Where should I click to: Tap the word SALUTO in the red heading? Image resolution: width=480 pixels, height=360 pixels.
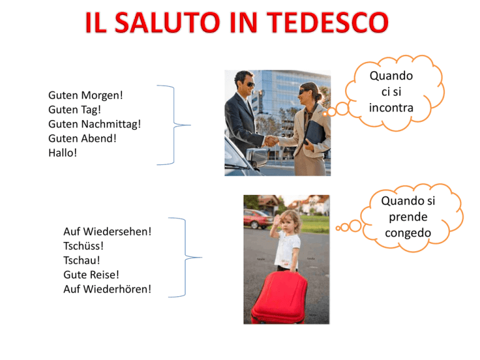point(167,22)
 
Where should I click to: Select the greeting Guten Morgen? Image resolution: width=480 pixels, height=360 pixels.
point(86,96)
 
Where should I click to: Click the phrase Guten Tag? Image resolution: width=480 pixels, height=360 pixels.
point(74,109)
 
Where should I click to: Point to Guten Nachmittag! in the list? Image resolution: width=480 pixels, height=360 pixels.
point(94,124)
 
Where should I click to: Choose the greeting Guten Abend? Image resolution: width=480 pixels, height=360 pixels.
point(82,138)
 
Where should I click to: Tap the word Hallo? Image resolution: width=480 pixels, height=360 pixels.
point(62,152)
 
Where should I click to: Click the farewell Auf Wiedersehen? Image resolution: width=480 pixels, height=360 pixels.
point(107,231)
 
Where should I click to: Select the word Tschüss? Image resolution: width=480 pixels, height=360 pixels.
point(83,246)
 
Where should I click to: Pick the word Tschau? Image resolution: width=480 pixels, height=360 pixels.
point(81,260)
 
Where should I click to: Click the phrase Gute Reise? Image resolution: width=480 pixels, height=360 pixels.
point(91,274)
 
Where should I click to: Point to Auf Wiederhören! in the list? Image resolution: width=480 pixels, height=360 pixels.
point(107,289)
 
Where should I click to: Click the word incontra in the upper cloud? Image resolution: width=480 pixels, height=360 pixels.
point(391,107)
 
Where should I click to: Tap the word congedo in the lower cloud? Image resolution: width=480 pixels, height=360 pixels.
point(407,233)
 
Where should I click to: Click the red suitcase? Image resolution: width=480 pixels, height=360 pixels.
point(279,298)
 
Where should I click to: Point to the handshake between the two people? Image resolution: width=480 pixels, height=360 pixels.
point(271,141)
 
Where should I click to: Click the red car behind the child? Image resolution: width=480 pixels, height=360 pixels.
point(258,219)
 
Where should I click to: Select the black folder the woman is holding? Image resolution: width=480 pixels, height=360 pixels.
point(314,133)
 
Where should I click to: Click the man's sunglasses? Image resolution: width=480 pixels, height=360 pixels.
point(250,84)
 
